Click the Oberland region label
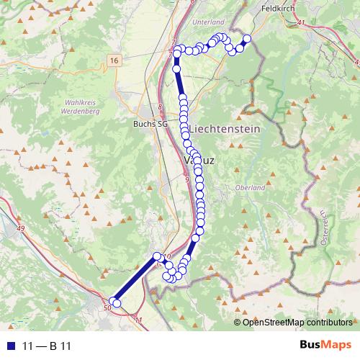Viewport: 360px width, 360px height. tap(251, 187)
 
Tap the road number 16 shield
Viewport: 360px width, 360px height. tap(114, 60)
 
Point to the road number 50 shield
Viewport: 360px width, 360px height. tap(108, 307)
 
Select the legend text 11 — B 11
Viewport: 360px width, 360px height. tap(43, 346)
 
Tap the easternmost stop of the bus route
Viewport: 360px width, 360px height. tap(247, 39)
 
